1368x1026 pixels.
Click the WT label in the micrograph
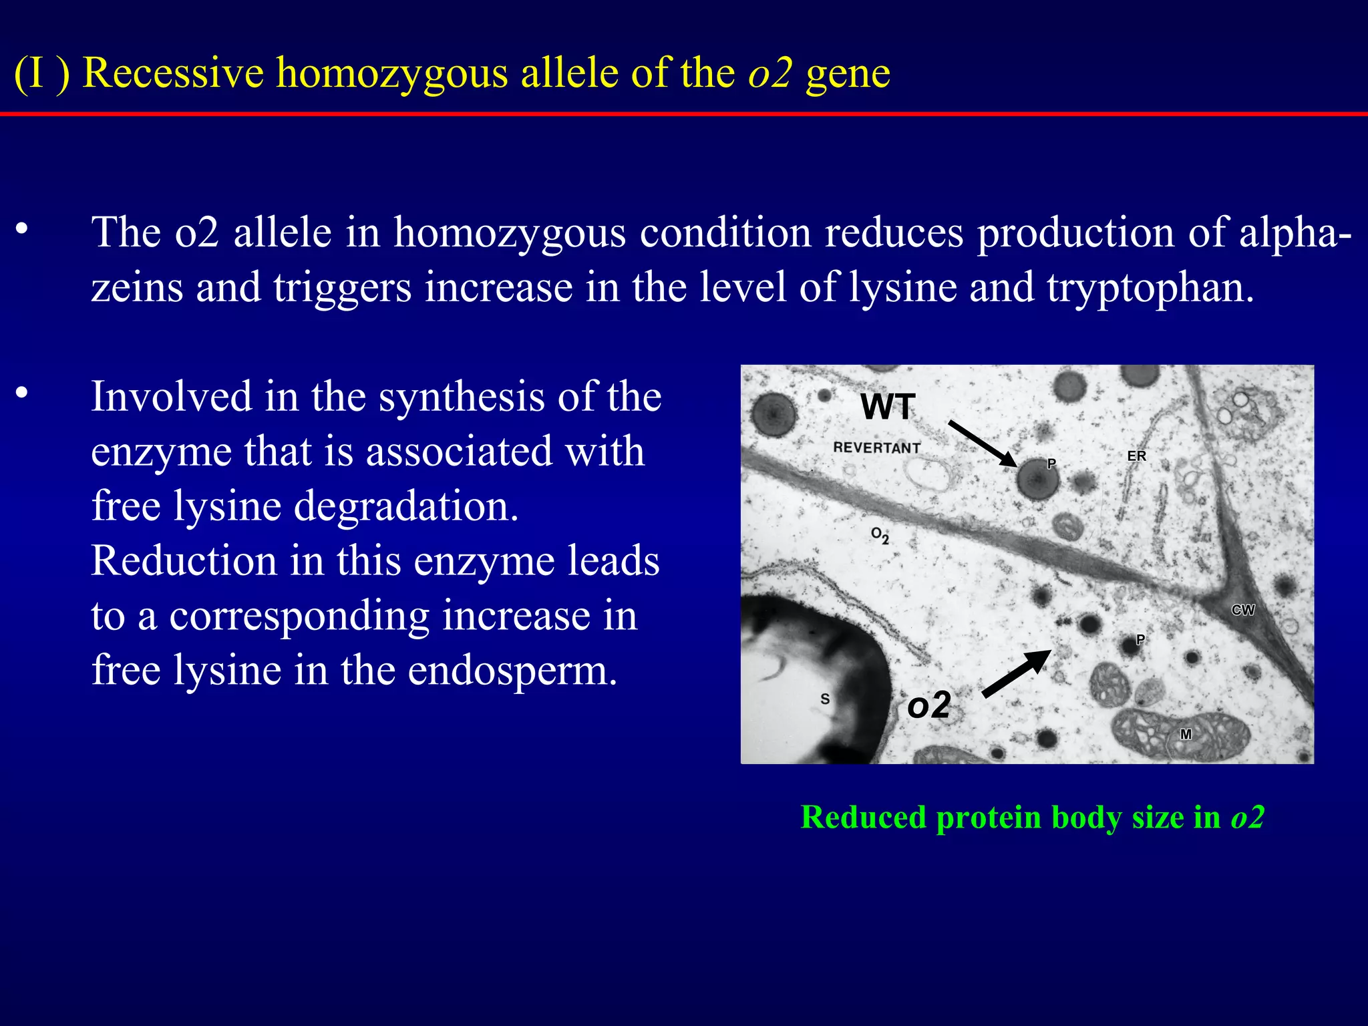(x=887, y=407)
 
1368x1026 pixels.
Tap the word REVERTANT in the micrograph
(x=876, y=448)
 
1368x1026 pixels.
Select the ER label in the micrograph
(x=1136, y=456)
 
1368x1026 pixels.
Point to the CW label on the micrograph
(x=1242, y=610)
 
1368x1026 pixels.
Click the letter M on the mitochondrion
(x=1186, y=734)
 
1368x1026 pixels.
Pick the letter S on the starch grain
(x=825, y=699)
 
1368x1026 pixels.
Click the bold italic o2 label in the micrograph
(x=928, y=705)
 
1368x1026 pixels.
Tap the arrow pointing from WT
(x=982, y=444)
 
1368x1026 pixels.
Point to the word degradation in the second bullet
(x=406, y=506)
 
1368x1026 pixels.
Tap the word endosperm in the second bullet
(x=512, y=669)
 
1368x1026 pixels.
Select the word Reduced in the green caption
(x=863, y=817)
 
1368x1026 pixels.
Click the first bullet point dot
(x=22, y=229)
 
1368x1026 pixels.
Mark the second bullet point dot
(x=22, y=393)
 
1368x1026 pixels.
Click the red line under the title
(x=684, y=114)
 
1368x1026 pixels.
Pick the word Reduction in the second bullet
(x=184, y=560)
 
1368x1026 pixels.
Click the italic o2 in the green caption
(x=1247, y=817)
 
